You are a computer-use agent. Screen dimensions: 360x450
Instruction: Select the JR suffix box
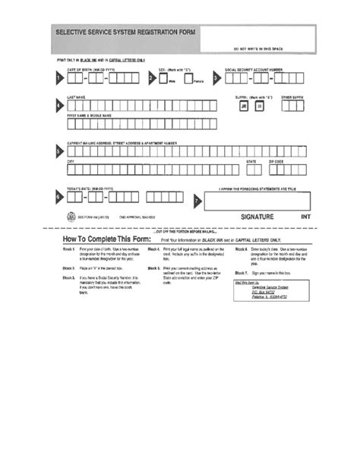[x=244, y=107]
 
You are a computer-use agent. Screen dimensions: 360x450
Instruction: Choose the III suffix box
[x=258, y=107]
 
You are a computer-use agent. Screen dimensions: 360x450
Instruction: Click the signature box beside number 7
[x=258, y=199]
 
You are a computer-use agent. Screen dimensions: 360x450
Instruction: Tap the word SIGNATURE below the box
[x=257, y=217]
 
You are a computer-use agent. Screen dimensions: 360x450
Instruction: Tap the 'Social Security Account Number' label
[x=254, y=68]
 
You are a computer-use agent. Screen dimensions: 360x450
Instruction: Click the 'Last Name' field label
[x=75, y=97]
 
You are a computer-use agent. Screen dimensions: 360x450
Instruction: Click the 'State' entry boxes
[x=251, y=170]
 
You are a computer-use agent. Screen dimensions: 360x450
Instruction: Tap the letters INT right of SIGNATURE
[x=305, y=217]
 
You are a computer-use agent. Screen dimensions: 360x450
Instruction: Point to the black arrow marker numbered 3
[x=216, y=78]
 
